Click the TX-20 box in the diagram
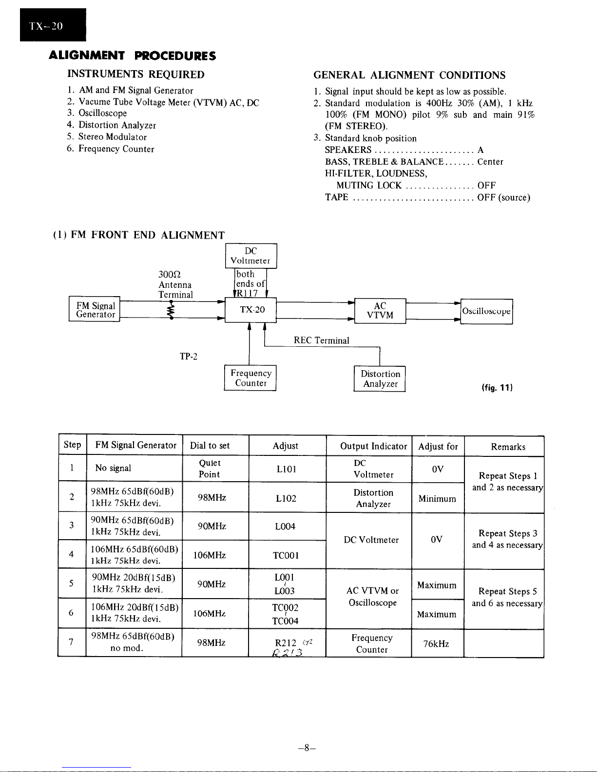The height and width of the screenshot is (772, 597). pyautogui.click(x=250, y=310)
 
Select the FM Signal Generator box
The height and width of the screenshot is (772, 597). pyautogui.click(x=95, y=310)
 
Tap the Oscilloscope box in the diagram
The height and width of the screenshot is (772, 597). pyautogui.click(x=486, y=311)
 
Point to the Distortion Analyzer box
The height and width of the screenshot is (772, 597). pyautogui.click(x=380, y=379)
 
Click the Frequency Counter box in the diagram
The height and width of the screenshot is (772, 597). pyautogui.click(x=250, y=378)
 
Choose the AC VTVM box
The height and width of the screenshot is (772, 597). pyautogui.click(x=380, y=310)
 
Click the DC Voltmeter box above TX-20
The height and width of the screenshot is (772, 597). pyautogui.click(x=250, y=256)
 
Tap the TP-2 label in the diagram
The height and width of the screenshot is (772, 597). pyautogui.click(x=189, y=357)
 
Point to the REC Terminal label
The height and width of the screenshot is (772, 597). pyautogui.click(x=321, y=340)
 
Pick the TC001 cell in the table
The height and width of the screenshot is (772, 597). pyautogui.click(x=286, y=555)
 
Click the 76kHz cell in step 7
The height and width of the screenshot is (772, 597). pyautogui.click(x=436, y=644)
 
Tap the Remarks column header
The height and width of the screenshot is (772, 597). pyautogui.click(x=508, y=447)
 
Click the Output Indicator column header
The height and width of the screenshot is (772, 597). pyautogui.click(x=373, y=446)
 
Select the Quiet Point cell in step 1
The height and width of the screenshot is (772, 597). pyautogui.click(x=210, y=469)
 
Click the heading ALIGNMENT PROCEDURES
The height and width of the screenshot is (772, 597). pyautogui.click(x=133, y=56)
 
